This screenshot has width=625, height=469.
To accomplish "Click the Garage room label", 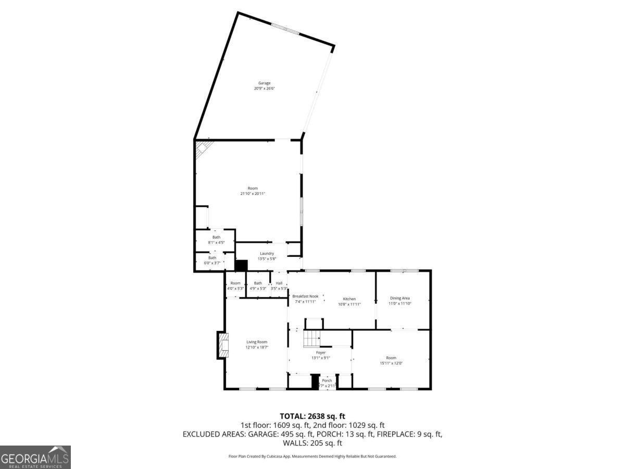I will pos(265,83).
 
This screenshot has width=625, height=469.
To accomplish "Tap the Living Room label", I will pos(257,342).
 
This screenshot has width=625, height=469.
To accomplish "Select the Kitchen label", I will pos(349,299).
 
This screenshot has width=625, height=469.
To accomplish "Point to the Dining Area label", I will pos(400,298).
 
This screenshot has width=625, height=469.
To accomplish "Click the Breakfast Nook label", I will pos(305,296).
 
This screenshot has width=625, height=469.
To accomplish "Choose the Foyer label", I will pos(321,353).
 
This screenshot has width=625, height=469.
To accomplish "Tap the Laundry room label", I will pos(267,253).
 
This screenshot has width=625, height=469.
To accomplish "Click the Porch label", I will pos(327,380).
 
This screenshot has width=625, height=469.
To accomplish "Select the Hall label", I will pos(279,283).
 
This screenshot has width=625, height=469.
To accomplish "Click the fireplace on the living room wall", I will pos(223,345).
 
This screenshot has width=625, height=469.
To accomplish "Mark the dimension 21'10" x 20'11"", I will pos(253,194).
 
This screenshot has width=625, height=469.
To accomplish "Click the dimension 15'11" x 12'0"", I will pos(391,363).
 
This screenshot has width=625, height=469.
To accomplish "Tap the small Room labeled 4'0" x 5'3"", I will pos(235,286).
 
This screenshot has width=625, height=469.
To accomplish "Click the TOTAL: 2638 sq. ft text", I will pos(312,416).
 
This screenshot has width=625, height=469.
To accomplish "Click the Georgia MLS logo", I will pos(35,457).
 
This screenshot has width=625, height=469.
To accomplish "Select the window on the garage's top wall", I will pos(285,29).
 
